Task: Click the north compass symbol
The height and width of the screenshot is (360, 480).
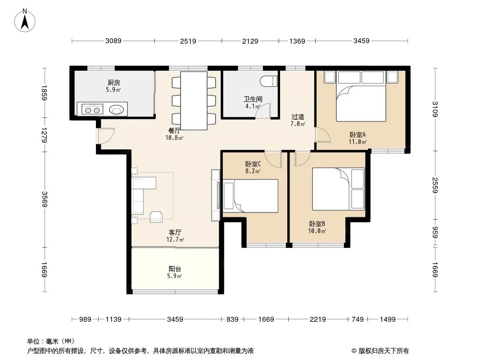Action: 26,21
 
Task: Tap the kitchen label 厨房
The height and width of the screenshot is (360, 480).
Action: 113,83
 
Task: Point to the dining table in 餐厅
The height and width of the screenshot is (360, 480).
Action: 194,100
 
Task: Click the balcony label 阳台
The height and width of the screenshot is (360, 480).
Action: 175,269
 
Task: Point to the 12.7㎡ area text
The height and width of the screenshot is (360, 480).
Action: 175,240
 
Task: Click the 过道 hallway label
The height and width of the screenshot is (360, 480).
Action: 298,117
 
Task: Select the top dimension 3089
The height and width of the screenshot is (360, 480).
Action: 113,41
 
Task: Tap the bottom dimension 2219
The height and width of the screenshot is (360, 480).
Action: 317,319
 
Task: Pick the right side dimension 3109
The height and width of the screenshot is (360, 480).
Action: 435,109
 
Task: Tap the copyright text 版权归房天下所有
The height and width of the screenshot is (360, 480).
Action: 383,351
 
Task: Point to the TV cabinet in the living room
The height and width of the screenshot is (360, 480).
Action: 215,196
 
